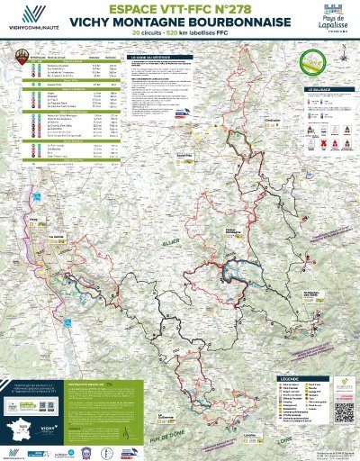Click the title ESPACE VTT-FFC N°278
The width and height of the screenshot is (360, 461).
tap(180, 10)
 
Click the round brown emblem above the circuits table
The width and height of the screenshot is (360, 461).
tap(15, 56)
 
